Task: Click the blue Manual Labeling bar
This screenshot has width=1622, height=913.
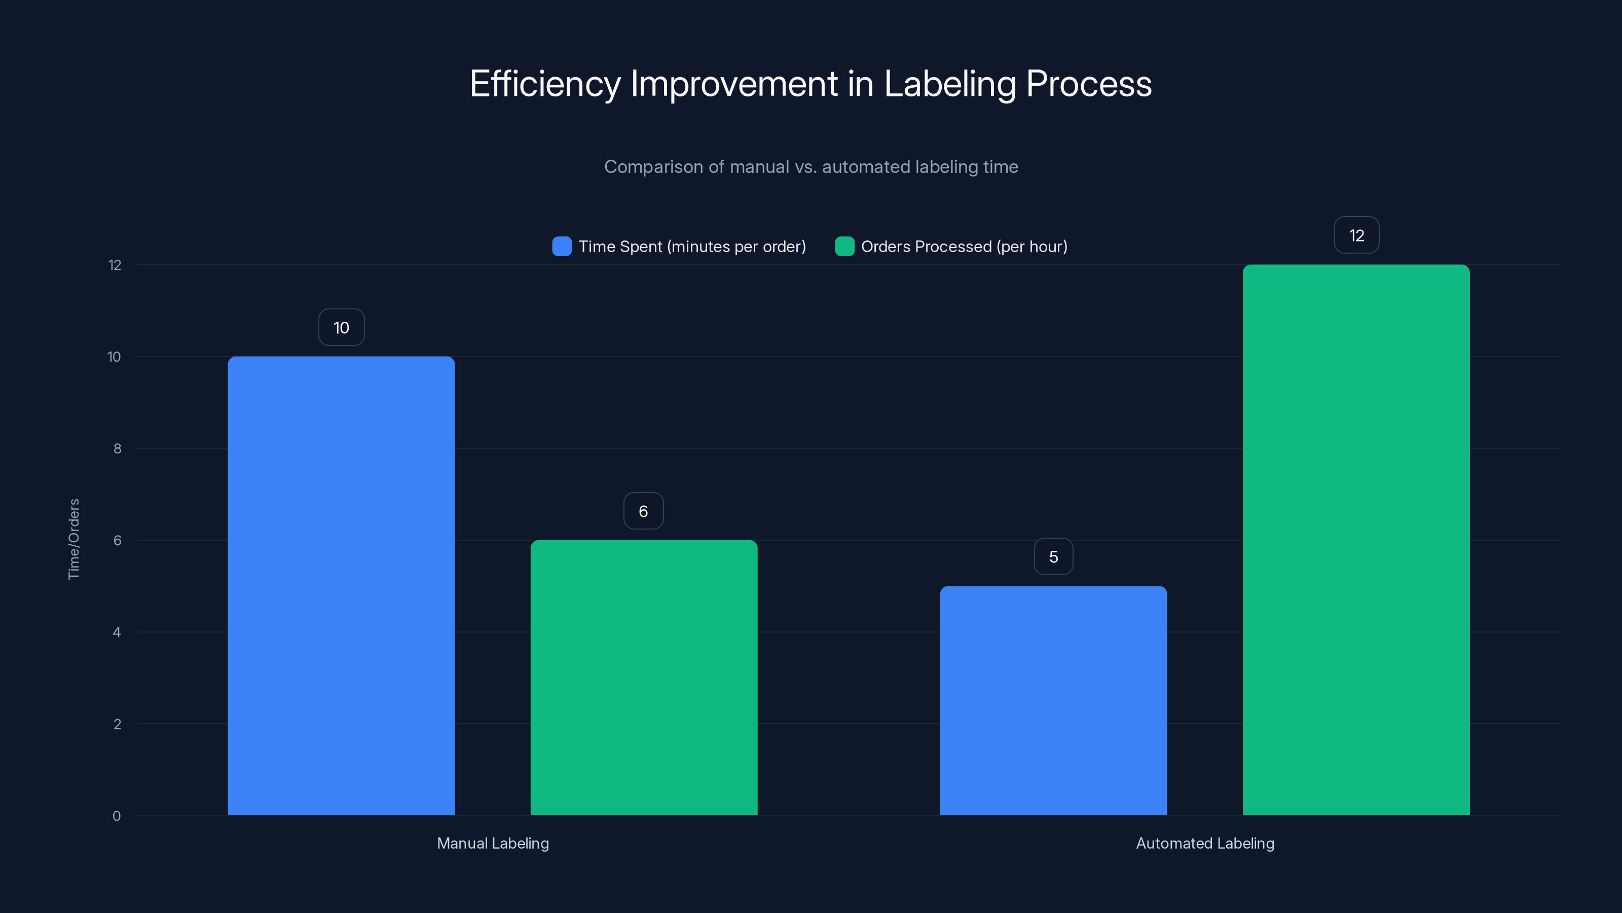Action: tap(341, 586)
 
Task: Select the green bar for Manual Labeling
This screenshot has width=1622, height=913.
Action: tap(644, 677)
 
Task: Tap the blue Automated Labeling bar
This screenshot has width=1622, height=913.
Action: tap(1053, 700)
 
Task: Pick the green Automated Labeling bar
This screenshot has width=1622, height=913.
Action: tap(1356, 540)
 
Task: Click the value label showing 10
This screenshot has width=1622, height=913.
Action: tap(341, 328)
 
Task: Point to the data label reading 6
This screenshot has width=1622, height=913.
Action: tap(643, 511)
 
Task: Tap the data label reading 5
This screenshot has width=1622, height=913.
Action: tap(1053, 557)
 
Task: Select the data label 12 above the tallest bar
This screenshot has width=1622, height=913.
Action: tap(1356, 236)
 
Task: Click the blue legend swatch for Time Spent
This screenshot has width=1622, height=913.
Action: tap(562, 247)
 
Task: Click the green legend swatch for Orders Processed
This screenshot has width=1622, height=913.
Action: tap(844, 247)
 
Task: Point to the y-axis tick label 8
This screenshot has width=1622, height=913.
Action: tap(117, 448)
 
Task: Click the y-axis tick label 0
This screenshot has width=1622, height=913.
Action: tap(117, 816)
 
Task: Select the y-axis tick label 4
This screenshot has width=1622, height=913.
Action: tap(117, 632)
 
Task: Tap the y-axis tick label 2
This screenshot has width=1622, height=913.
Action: tap(117, 724)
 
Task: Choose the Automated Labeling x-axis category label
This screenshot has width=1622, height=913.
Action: tap(1204, 843)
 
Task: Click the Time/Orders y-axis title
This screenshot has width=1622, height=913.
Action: tap(73, 539)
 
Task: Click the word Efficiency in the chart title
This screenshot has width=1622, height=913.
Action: tap(545, 84)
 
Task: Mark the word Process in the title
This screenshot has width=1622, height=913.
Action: tap(1089, 84)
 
